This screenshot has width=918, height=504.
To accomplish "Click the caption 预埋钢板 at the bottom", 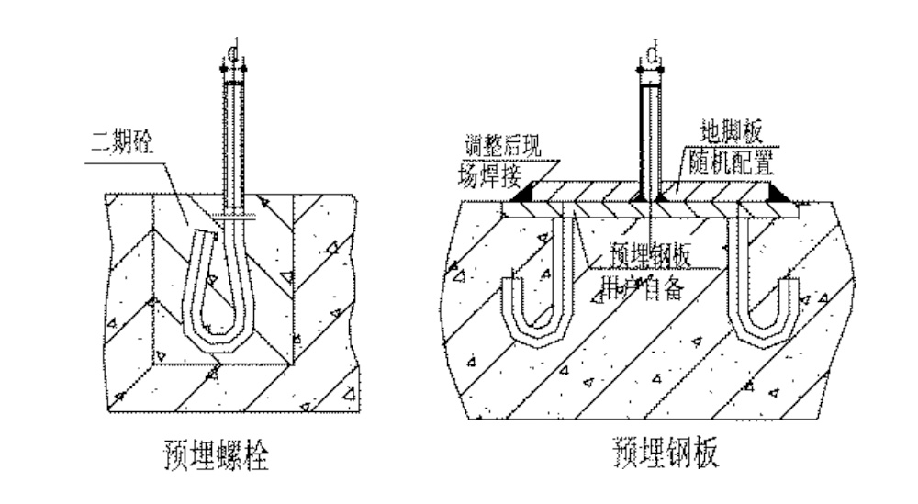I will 658,453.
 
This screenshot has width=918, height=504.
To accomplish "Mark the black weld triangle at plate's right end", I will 778,195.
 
